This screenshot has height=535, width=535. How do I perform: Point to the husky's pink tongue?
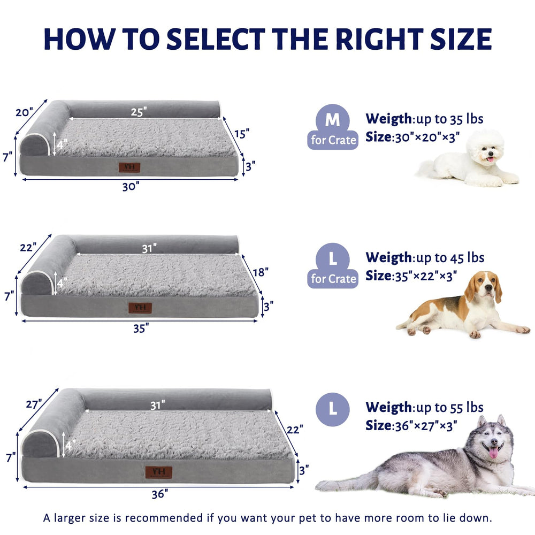(493, 453)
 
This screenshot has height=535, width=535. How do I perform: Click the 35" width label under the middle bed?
(141, 328)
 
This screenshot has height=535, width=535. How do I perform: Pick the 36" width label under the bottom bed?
(157, 494)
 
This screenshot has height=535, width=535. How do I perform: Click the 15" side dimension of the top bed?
(241, 134)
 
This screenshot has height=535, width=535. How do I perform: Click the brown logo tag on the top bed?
(129, 167)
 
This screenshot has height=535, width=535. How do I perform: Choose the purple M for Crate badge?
(333, 127)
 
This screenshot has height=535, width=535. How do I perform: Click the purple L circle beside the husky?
(333, 409)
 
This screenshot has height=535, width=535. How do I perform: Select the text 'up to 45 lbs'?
(449, 258)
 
